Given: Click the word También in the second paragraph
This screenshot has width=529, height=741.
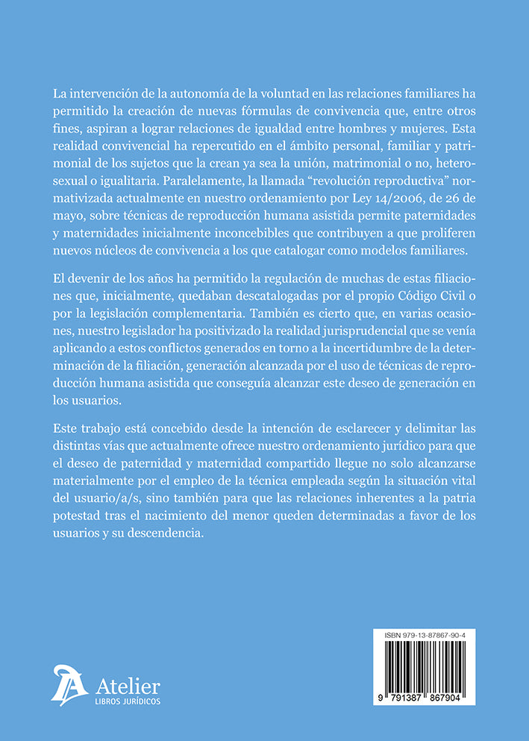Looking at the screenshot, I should [x=307, y=335].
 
